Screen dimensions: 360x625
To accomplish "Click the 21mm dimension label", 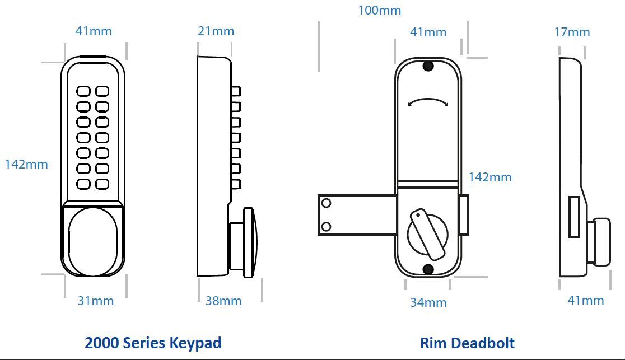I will pos(216,31).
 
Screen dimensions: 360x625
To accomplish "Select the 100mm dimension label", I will pos(379,10).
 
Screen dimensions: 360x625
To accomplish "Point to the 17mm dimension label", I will pos(572,32).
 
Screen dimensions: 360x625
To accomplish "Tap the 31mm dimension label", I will pos(95,301).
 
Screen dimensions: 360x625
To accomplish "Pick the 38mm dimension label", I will pos(223,301).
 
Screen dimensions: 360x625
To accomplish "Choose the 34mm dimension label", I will pos(428,302).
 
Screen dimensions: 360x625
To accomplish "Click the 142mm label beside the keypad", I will pos(26,164).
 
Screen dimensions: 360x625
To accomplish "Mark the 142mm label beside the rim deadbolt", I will pos(490,177).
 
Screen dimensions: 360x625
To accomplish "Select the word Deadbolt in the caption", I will pos(482,343).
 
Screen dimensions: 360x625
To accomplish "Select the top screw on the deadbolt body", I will pos(428,67).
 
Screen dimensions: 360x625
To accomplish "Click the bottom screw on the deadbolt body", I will pos(428,270).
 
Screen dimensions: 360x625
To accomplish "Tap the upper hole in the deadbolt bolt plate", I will pos(327,203).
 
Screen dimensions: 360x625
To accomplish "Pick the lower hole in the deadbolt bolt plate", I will pos(327,226).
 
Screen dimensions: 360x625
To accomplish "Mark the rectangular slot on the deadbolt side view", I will pos(574,217).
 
